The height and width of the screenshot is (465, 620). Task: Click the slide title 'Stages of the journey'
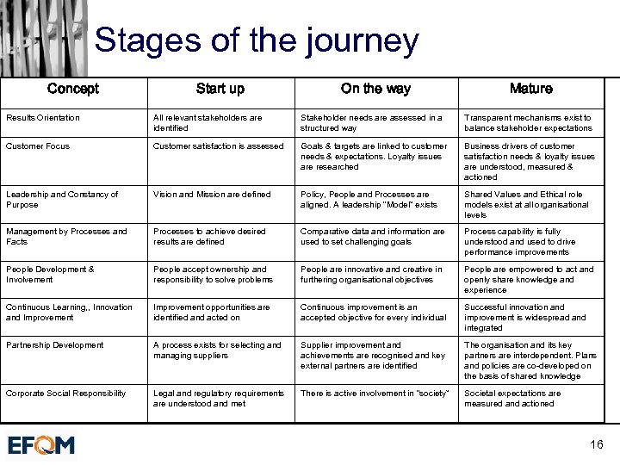click(256, 40)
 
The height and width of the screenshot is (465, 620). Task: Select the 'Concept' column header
click(73, 89)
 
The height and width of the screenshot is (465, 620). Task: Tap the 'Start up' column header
click(220, 89)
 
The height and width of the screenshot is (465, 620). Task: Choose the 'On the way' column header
click(375, 89)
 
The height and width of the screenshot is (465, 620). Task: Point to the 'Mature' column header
click(530, 89)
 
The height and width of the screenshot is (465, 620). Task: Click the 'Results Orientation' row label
click(43, 118)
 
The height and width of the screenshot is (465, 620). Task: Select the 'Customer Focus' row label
click(38, 146)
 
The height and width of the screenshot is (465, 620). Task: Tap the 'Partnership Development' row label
click(54, 345)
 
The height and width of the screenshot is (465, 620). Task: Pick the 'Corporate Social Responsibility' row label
click(65, 394)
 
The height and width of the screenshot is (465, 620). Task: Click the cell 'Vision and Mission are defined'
click(212, 195)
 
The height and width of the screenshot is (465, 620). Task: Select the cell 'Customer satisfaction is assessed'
click(219, 146)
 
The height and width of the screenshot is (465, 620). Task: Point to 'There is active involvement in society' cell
click(375, 394)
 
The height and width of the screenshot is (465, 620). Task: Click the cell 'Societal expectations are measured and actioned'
click(512, 399)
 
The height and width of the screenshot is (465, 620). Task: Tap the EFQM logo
click(41, 445)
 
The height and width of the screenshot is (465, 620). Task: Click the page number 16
click(597, 444)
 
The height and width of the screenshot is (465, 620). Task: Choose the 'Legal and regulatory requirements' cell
click(219, 399)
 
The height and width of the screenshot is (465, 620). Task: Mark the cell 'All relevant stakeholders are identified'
click(208, 123)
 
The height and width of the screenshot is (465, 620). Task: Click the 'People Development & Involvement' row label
click(50, 275)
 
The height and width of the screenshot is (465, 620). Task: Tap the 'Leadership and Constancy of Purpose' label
click(62, 200)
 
